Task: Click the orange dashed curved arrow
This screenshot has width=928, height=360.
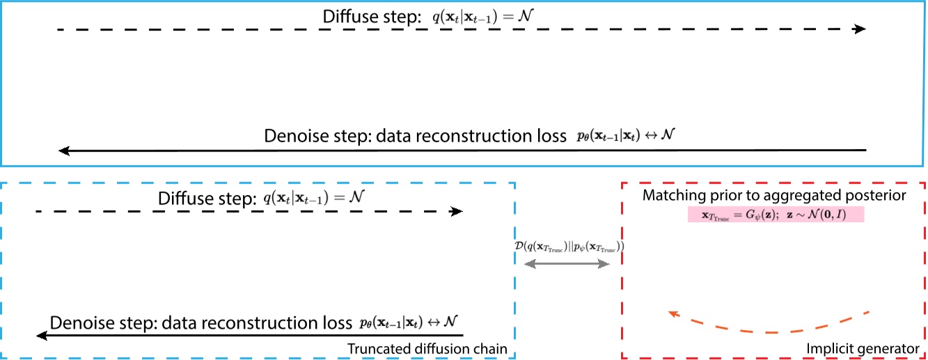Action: pyautogui.click(x=766, y=324)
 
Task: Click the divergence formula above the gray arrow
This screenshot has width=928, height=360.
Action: pyautogui.click(x=567, y=246)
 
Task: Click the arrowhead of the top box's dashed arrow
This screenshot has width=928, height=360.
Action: pyautogui.click(x=860, y=29)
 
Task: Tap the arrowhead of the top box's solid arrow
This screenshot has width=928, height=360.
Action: pyautogui.click(x=64, y=150)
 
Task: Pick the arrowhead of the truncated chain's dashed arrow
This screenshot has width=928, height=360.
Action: pyautogui.click(x=457, y=211)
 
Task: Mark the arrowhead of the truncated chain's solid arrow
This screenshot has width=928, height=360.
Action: pyautogui.click(x=42, y=336)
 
